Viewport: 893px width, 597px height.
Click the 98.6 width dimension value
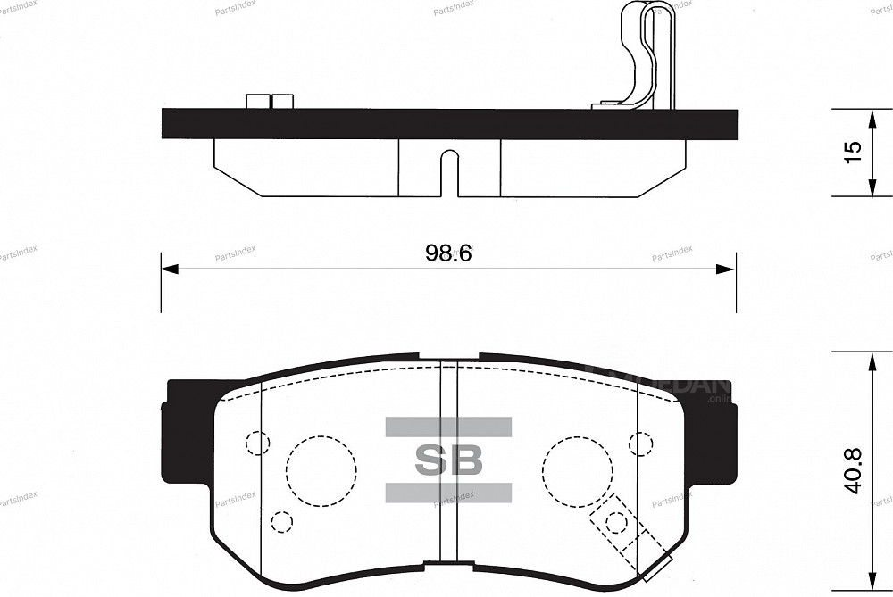(x=447, y=253)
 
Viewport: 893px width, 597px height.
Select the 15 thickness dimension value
(x=853, y=152)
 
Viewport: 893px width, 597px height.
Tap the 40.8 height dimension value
(x=853, y=470)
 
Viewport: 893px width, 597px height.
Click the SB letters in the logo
(x=448, y=460)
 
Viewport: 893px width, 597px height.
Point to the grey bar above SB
(x=448, y=427)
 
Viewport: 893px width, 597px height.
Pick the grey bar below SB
(x=448, y=493)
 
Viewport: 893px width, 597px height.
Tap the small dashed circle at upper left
(x=257, y=443)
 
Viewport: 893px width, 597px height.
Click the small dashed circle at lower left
(x=281, y=520)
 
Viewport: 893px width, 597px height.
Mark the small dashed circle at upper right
(x=640, y=443)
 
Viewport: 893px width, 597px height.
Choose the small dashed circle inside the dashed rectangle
(x=616, y=522)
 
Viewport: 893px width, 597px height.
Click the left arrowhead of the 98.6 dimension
(x=168, y=269)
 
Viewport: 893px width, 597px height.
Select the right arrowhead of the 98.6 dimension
(x=728, y=269)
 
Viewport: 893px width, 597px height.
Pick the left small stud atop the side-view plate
(x=258, y=102)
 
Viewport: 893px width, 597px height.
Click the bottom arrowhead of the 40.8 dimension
(x=872, y=580)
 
